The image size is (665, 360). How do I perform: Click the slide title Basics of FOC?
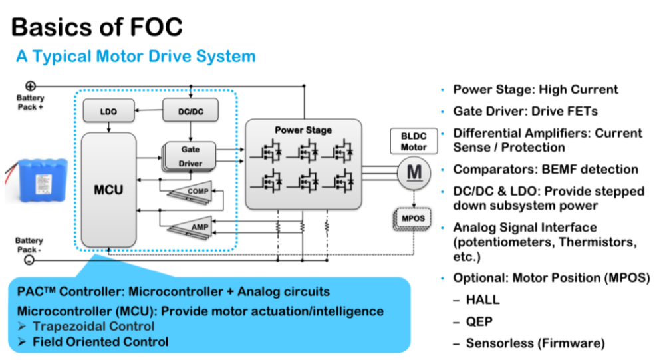click(x=96, y=26)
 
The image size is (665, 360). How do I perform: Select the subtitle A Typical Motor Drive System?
click(x=136, y=57)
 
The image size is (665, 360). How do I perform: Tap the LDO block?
click(x=108, y=111)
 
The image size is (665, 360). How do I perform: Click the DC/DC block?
click(x=190, y=111)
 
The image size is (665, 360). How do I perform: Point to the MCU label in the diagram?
click(x=108, y=189)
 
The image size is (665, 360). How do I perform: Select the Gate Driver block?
click(x=190, y=156)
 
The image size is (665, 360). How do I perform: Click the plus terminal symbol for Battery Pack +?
click(x=30, y=86)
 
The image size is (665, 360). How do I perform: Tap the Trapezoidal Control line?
click(x=93, y=326)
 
